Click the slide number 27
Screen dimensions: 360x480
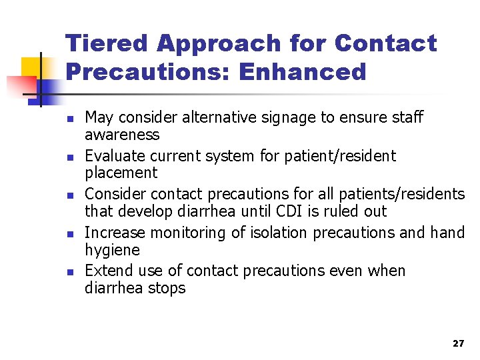458,343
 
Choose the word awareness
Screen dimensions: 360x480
123,135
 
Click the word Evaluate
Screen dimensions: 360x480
114,157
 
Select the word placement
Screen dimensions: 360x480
121,173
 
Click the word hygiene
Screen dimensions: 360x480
113,251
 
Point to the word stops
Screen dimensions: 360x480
167,289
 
